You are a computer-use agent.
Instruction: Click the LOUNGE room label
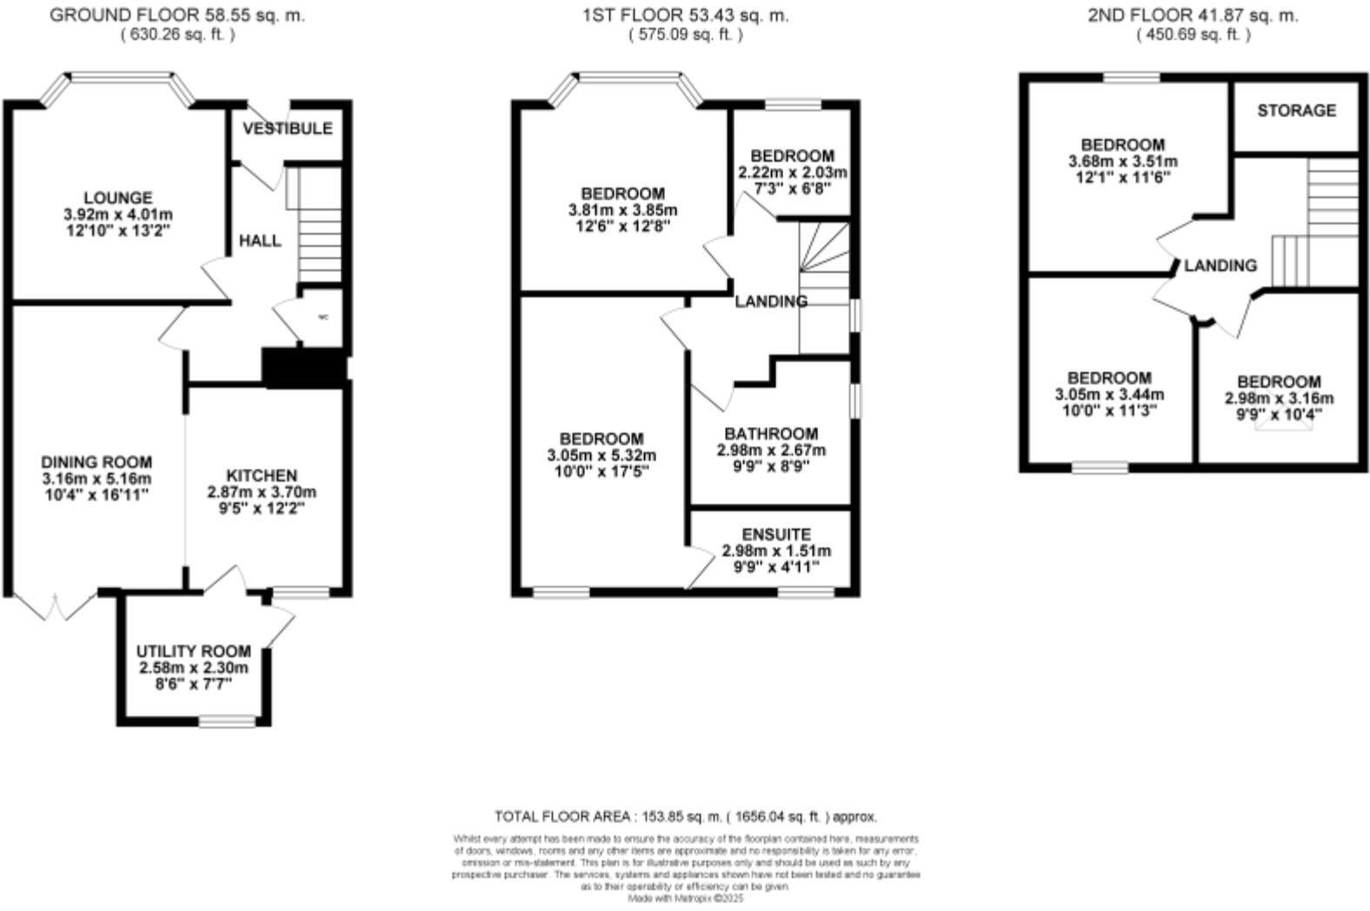coord(117,198)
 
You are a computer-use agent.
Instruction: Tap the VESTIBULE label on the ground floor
coord(287,129)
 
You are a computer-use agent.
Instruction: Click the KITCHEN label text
coord(262,475)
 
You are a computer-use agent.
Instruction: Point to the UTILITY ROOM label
coord(193,651)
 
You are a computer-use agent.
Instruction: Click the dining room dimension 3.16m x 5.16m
coord(96,479)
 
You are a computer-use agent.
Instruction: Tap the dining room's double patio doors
coord(56,607)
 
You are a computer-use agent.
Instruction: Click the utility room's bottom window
coord(227,721)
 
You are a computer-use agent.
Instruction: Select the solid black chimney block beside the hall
coord(303,369)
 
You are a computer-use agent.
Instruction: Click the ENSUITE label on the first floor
coord(776,535)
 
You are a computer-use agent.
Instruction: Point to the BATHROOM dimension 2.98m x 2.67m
coord(771,450)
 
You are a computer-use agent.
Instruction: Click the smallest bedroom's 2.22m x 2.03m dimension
coord(792,172)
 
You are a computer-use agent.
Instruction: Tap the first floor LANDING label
coord(771,302)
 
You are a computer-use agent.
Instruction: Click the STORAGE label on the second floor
coord(1296,110)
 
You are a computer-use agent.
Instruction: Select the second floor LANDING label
coord(1220,266)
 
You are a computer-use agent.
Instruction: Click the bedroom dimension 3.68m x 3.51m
coord(1122,161)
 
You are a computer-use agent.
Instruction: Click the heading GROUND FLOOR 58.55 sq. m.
coord(177,15)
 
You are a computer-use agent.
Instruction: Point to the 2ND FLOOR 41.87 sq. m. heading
coord(1193,15)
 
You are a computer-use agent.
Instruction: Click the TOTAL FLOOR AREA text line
coord(685,817)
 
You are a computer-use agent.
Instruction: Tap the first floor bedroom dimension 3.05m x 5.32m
coord(602,455)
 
